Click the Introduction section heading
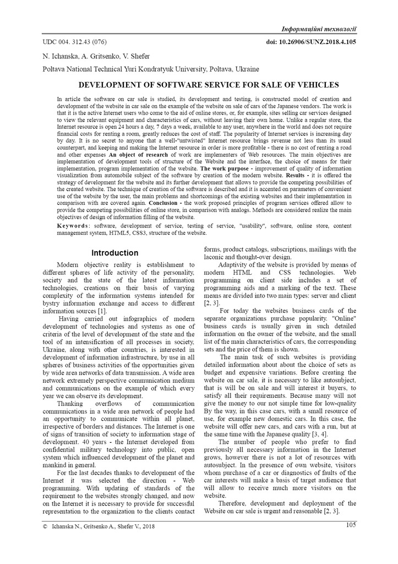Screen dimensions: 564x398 (x=115, y=253)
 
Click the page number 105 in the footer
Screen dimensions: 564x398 (x=351, y=524)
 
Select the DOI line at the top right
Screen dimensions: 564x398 (x=311, y=41)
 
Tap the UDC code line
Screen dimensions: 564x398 (x=75, y=42)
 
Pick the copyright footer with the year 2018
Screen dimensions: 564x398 (x=99, y=527)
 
